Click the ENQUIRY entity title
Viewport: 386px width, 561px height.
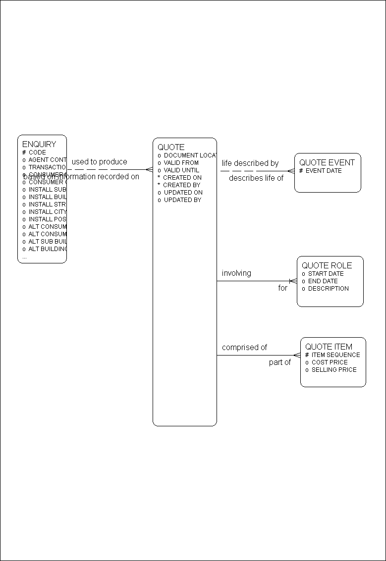[x=39, y=144]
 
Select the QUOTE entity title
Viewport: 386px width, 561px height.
[x=171, y=147]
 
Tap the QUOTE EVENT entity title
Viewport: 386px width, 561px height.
[x=327, y=162]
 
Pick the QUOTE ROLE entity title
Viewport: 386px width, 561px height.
[x=327, y=265]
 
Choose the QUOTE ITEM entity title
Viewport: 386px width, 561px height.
[x=329, y=347]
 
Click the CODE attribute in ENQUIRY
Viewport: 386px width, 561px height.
[x=37, y=153]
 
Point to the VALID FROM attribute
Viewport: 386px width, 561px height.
[x=181, y=162]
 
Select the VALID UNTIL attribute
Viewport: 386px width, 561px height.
[x=181, y=170]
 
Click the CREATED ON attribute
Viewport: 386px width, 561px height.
[x=182, y=177]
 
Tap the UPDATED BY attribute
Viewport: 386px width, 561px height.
[x=182, y=200]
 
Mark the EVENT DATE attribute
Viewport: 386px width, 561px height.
[x=323, y=171]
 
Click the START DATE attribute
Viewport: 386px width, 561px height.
[x=326, y=273]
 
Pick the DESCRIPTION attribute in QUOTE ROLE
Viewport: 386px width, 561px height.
[x=328, y=288]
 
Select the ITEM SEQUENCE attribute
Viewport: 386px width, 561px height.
[x=335, y=355]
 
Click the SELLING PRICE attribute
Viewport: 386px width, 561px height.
[x=333, y=369]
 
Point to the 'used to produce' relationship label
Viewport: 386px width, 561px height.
[x=99, y=162]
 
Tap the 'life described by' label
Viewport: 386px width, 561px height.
[x=250, y=163]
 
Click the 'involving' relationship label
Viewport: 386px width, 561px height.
[x=236, y=273]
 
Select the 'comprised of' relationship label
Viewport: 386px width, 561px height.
[x=244, y=348]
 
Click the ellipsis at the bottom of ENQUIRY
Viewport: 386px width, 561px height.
[x=25, y=257]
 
